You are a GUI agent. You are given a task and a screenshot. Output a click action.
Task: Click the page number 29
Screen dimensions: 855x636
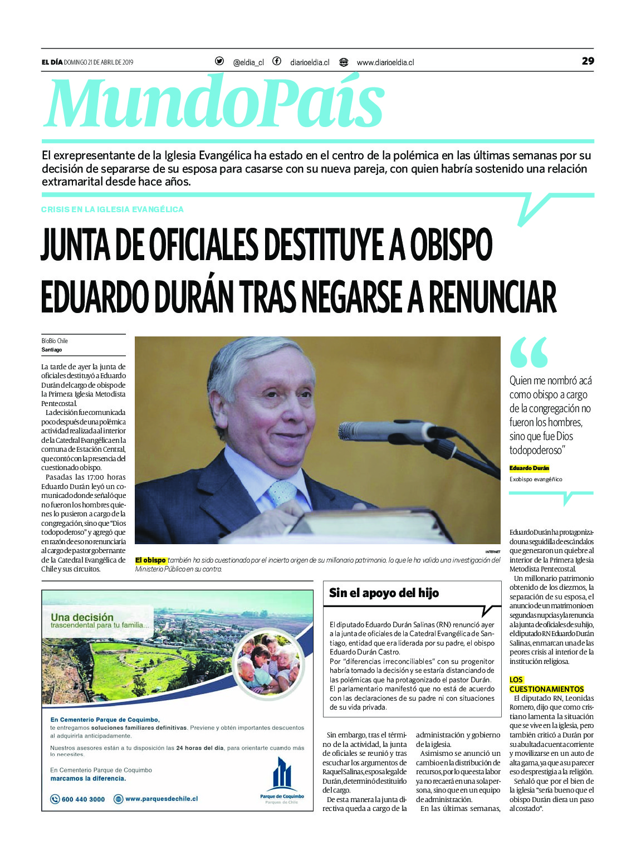(588, 61)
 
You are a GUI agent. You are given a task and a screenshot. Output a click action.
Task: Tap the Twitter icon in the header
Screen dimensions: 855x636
(219, 61)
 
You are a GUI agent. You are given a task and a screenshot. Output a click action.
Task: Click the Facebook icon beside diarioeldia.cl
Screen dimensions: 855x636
(277, 61)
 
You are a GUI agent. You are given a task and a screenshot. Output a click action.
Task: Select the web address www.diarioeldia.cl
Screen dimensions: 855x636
(385, 62)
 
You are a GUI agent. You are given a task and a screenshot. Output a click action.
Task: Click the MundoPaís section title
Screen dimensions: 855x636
(214, 103)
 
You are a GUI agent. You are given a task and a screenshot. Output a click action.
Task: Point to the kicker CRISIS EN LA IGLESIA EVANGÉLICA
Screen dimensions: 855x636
(112, 209)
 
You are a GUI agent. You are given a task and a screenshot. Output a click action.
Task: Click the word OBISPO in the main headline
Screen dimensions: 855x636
(451, 245)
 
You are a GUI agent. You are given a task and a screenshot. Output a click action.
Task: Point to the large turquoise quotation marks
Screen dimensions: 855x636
(529, 352)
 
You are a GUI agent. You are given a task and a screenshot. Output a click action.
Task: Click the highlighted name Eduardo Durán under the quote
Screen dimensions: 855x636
(529, 468)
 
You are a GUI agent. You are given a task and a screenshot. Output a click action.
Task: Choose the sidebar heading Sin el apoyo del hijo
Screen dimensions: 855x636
(384, 593)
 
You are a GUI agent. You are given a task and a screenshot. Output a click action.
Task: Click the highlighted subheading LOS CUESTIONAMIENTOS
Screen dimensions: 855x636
(546, 685)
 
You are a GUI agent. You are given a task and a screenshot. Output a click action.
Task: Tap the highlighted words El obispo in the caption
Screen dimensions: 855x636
(151, 560)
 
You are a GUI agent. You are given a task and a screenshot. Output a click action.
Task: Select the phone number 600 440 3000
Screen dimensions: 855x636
(83, 799)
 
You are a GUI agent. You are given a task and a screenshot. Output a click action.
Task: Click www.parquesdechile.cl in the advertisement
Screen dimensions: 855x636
(162, 799)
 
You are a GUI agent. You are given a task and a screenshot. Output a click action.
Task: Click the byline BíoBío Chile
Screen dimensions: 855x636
(55, 341)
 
